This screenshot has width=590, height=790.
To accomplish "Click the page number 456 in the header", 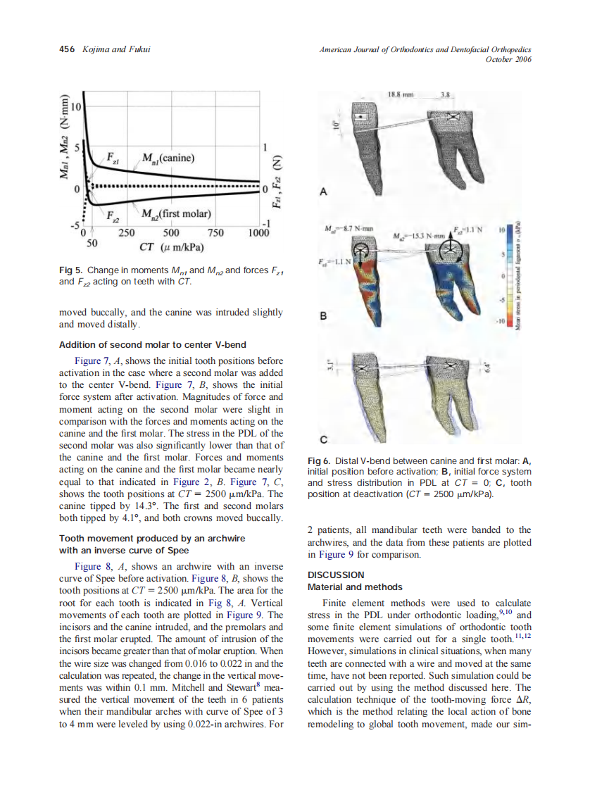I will [67, 49].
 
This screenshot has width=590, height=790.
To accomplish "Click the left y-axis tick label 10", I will [74, 106].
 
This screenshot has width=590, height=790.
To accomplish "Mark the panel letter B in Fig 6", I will [322, 316].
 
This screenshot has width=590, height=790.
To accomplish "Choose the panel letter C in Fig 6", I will [322, 441].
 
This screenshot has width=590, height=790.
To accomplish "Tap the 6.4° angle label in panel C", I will [485, 368].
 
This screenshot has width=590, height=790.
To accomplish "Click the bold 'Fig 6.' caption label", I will [321, 461].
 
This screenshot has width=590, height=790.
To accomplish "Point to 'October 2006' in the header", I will [508, 59].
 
